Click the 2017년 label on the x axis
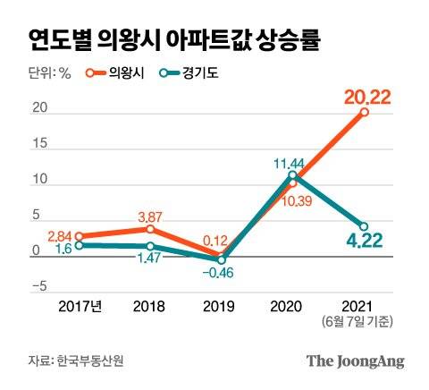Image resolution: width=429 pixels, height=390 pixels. tap(80, 307)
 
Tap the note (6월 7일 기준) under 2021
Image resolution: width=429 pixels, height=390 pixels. tap(365, 322)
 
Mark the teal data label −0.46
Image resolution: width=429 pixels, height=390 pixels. tap(223, 273)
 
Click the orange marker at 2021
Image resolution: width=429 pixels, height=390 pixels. tap(365, 113)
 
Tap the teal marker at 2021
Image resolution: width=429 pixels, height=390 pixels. tap(365, 226)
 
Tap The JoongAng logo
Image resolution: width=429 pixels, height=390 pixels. tap(356, 361)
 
